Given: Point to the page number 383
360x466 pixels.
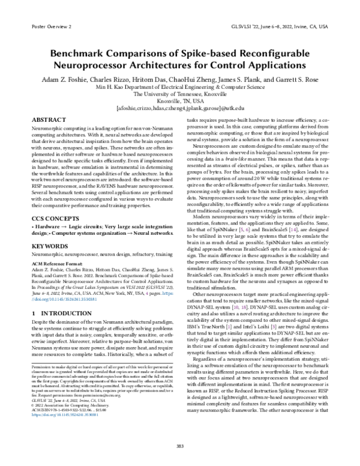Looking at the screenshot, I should (179, 446).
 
